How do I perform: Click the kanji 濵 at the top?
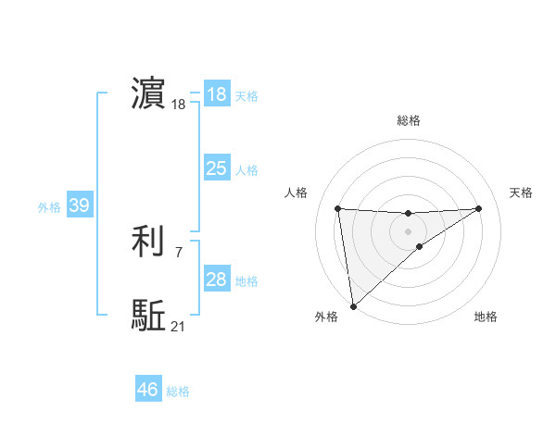148,94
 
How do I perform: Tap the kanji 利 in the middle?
148,242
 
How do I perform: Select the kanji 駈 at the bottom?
148,316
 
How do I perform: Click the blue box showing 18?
217,94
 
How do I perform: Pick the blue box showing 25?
217,168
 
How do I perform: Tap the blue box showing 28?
217,280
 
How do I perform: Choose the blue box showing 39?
79,205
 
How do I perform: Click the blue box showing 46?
148,390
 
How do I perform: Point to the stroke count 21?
178,326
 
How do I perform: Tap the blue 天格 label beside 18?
246,95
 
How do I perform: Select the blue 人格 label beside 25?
246,169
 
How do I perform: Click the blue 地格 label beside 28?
246,280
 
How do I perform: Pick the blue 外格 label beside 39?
49,206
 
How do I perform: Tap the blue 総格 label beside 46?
178,391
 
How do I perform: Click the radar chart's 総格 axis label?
409,120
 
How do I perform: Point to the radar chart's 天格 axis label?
522,193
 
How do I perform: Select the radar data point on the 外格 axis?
353,305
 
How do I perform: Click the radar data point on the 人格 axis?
338,208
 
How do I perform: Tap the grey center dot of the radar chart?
409,230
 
